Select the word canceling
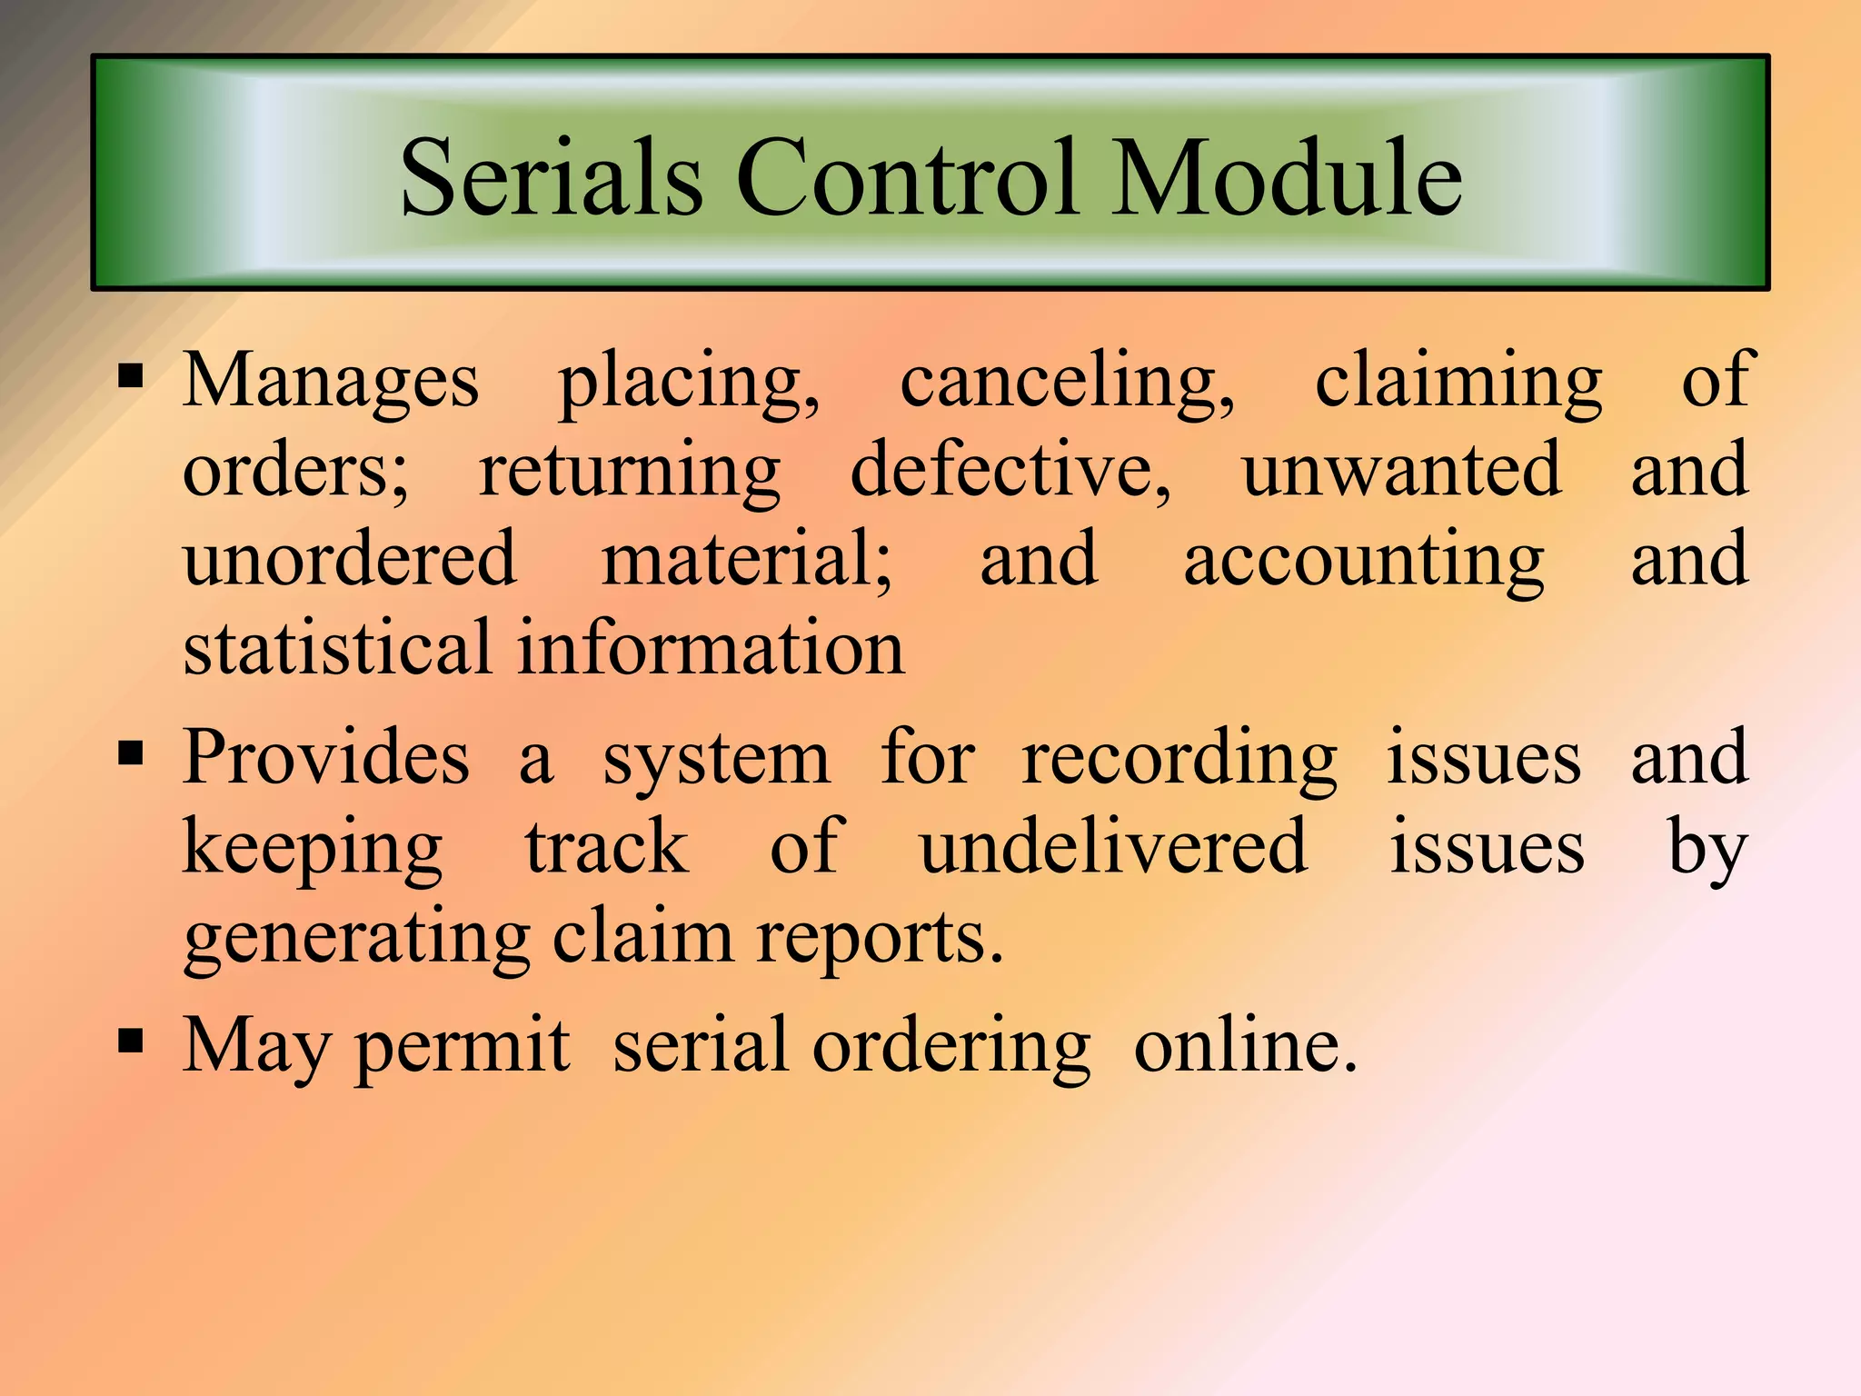[1067, 382]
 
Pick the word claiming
[1458, 382]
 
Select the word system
[716, 760]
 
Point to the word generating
[356, 938]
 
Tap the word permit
[462, 1047]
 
